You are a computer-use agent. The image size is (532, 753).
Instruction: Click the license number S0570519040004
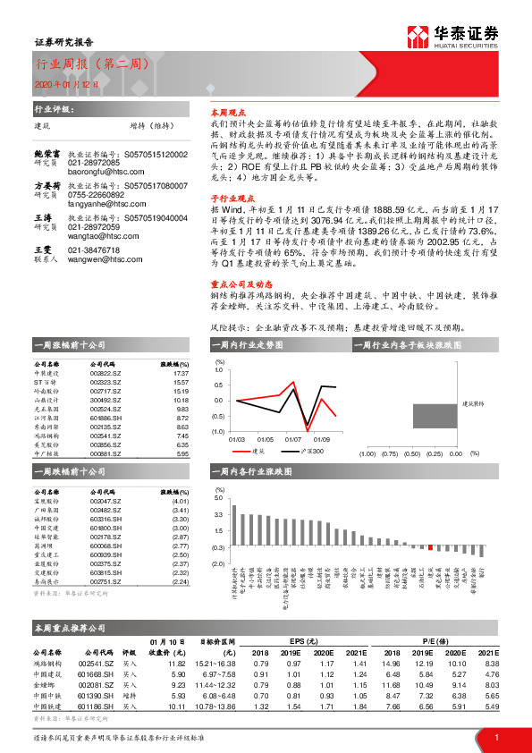(x=156, y=217)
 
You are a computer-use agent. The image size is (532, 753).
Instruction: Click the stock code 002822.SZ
(x=105, y=373)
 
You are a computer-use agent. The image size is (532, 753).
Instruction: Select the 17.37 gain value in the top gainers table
(x=181, y=373)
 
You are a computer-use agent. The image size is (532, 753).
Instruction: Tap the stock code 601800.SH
(x=105, y=528)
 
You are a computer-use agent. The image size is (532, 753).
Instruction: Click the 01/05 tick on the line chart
(x=265, y=439)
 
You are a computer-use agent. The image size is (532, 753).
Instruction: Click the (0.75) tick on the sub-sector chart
(x=389, y=453)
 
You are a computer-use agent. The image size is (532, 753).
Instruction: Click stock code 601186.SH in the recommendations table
(x=95, y=706)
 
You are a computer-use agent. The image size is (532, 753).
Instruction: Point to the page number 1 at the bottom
(x=495, y=736)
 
